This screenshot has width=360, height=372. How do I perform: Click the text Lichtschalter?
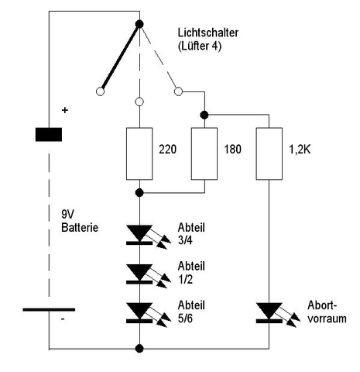click(x=208, y=33)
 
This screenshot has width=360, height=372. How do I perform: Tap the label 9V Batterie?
click(x=80, y=221)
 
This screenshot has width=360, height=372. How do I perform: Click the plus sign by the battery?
click(x=65, y=110)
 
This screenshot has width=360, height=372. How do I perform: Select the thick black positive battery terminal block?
click(x=49, y=134)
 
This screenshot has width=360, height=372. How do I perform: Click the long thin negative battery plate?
click(x=49, y=309)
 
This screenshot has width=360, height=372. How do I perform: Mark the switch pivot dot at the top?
click(x=139, y=24)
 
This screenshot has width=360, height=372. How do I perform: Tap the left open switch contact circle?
click(x=100, y=91)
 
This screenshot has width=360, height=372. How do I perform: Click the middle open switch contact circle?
click(x=139, y=102)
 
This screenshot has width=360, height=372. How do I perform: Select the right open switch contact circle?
click(x=178, y=91)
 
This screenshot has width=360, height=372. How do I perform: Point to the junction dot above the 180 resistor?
click(x=204, y=115)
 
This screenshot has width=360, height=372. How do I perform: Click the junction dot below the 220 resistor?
click(x=139, y=193)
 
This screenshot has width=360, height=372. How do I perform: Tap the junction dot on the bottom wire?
click(x=139, y=349)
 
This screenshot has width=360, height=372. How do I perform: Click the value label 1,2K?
click(x=300, y=150)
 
